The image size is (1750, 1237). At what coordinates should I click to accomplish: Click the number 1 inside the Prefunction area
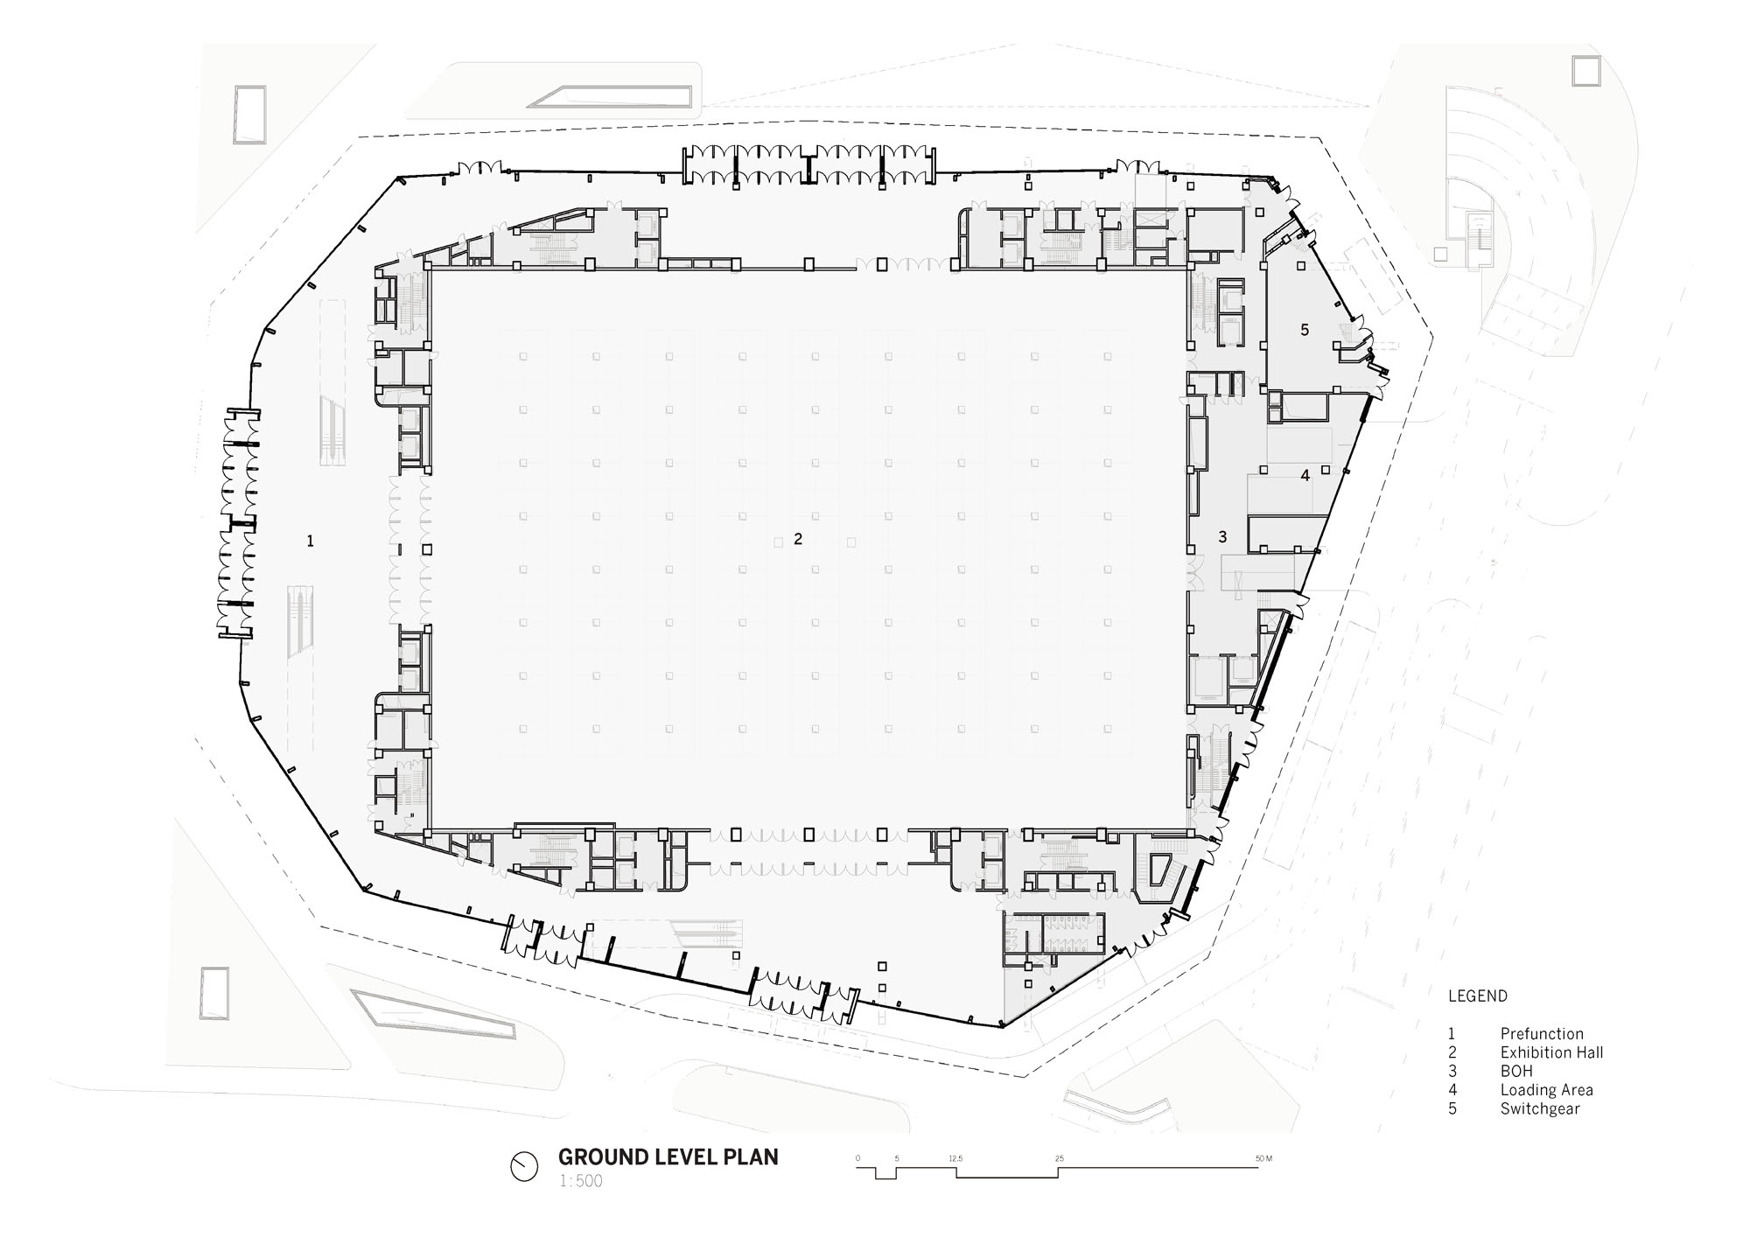point(310,542)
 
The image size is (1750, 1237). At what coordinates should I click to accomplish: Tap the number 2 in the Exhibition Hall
point(798,540)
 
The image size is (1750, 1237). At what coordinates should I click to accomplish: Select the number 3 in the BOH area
point(1223,536)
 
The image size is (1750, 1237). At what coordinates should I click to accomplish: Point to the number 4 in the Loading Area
point(1305,476)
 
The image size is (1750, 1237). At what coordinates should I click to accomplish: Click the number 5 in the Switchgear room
point(1305,330)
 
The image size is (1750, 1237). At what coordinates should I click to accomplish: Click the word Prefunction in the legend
point(1542,1034)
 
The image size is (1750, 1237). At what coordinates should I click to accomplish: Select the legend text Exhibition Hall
point(1551,1052)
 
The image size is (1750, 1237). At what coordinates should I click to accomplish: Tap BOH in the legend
point(1516,1071)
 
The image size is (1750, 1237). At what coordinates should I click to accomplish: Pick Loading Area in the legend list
point(1546,1090)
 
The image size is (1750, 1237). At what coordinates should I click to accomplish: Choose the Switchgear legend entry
point(1540,1108)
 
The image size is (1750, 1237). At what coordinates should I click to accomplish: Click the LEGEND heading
point(1478,996)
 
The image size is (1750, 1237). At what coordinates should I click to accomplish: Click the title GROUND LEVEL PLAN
point(668,1157)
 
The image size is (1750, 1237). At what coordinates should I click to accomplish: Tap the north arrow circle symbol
point(524,1166)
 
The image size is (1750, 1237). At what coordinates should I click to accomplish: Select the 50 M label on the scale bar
point(1263,1158)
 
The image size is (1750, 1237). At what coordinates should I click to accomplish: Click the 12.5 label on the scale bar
point(955,1158)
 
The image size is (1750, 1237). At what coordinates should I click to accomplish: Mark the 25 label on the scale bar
point(1060,1158)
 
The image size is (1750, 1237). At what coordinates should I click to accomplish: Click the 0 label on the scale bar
point(857,1158)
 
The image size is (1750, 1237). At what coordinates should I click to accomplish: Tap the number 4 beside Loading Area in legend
point(1452,1090)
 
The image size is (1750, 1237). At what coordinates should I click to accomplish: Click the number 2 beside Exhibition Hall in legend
point(1452,1052)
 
